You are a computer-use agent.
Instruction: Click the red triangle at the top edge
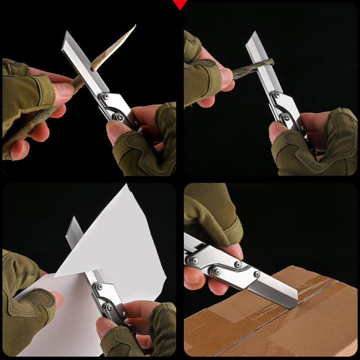180,4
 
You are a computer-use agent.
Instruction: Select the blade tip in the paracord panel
250,34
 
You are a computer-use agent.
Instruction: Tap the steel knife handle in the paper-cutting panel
108,298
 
